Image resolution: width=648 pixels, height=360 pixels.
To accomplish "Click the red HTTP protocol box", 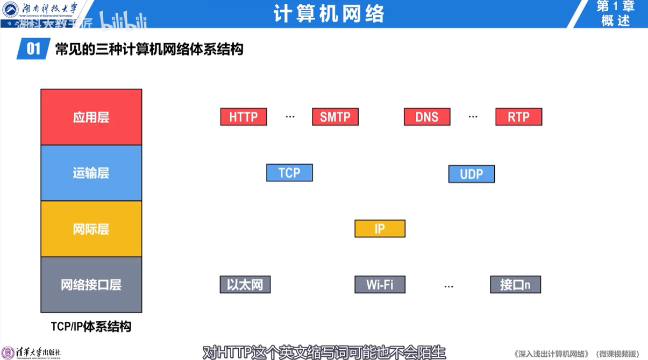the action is (244, 117).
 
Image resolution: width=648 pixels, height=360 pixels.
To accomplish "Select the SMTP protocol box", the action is (335, 117).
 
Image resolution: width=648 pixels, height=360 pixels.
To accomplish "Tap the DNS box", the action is (427, 117).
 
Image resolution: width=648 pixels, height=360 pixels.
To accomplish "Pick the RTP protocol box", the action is (518, 117).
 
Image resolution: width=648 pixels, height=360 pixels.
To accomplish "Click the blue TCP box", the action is (289, 173).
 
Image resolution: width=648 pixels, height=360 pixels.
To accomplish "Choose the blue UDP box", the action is (471, 174).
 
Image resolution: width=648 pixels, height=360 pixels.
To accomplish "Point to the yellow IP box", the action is (380, 229).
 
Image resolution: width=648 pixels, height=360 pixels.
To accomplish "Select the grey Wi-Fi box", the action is (380, 285).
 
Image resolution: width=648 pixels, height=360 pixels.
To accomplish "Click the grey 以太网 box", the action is (245, 285).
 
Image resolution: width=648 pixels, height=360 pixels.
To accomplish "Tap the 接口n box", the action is (515, 285).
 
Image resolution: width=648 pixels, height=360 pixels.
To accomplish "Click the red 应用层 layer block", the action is (91, 117).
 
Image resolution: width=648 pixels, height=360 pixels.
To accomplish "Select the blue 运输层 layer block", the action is (91, 173).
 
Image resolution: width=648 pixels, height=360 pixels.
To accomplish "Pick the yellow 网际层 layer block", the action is (91, 229).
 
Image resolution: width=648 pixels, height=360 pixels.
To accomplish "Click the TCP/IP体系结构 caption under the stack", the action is (91, 327).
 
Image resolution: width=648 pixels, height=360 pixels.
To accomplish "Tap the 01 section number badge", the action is (33, 50).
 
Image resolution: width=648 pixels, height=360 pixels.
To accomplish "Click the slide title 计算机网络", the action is (329, 13).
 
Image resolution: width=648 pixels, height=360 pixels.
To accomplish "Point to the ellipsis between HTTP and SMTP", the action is (290, 117).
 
